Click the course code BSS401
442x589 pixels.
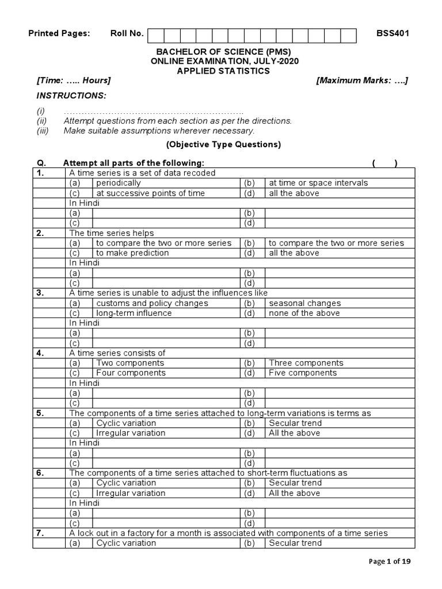tap(393, 33)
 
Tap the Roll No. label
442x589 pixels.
tap(127, 33)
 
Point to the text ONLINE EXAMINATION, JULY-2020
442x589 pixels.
tap(224, 61)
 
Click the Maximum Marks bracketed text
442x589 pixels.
tap(362, 81)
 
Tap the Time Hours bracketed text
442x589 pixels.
tap(74, 81)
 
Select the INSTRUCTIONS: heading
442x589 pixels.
tap(71, 95)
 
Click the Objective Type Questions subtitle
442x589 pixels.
tap(223, 145)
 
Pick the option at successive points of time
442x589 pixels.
tap(150, 193)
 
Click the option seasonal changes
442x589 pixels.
tap(304, 303)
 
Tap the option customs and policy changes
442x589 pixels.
tap(152, 303)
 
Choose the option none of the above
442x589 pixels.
tap(304, 313)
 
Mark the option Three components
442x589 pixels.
tap(306, 363)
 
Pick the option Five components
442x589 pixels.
tap(303, 373)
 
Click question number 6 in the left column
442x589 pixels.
tap(40, 473)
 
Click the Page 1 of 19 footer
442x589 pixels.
tap(390, 561)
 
